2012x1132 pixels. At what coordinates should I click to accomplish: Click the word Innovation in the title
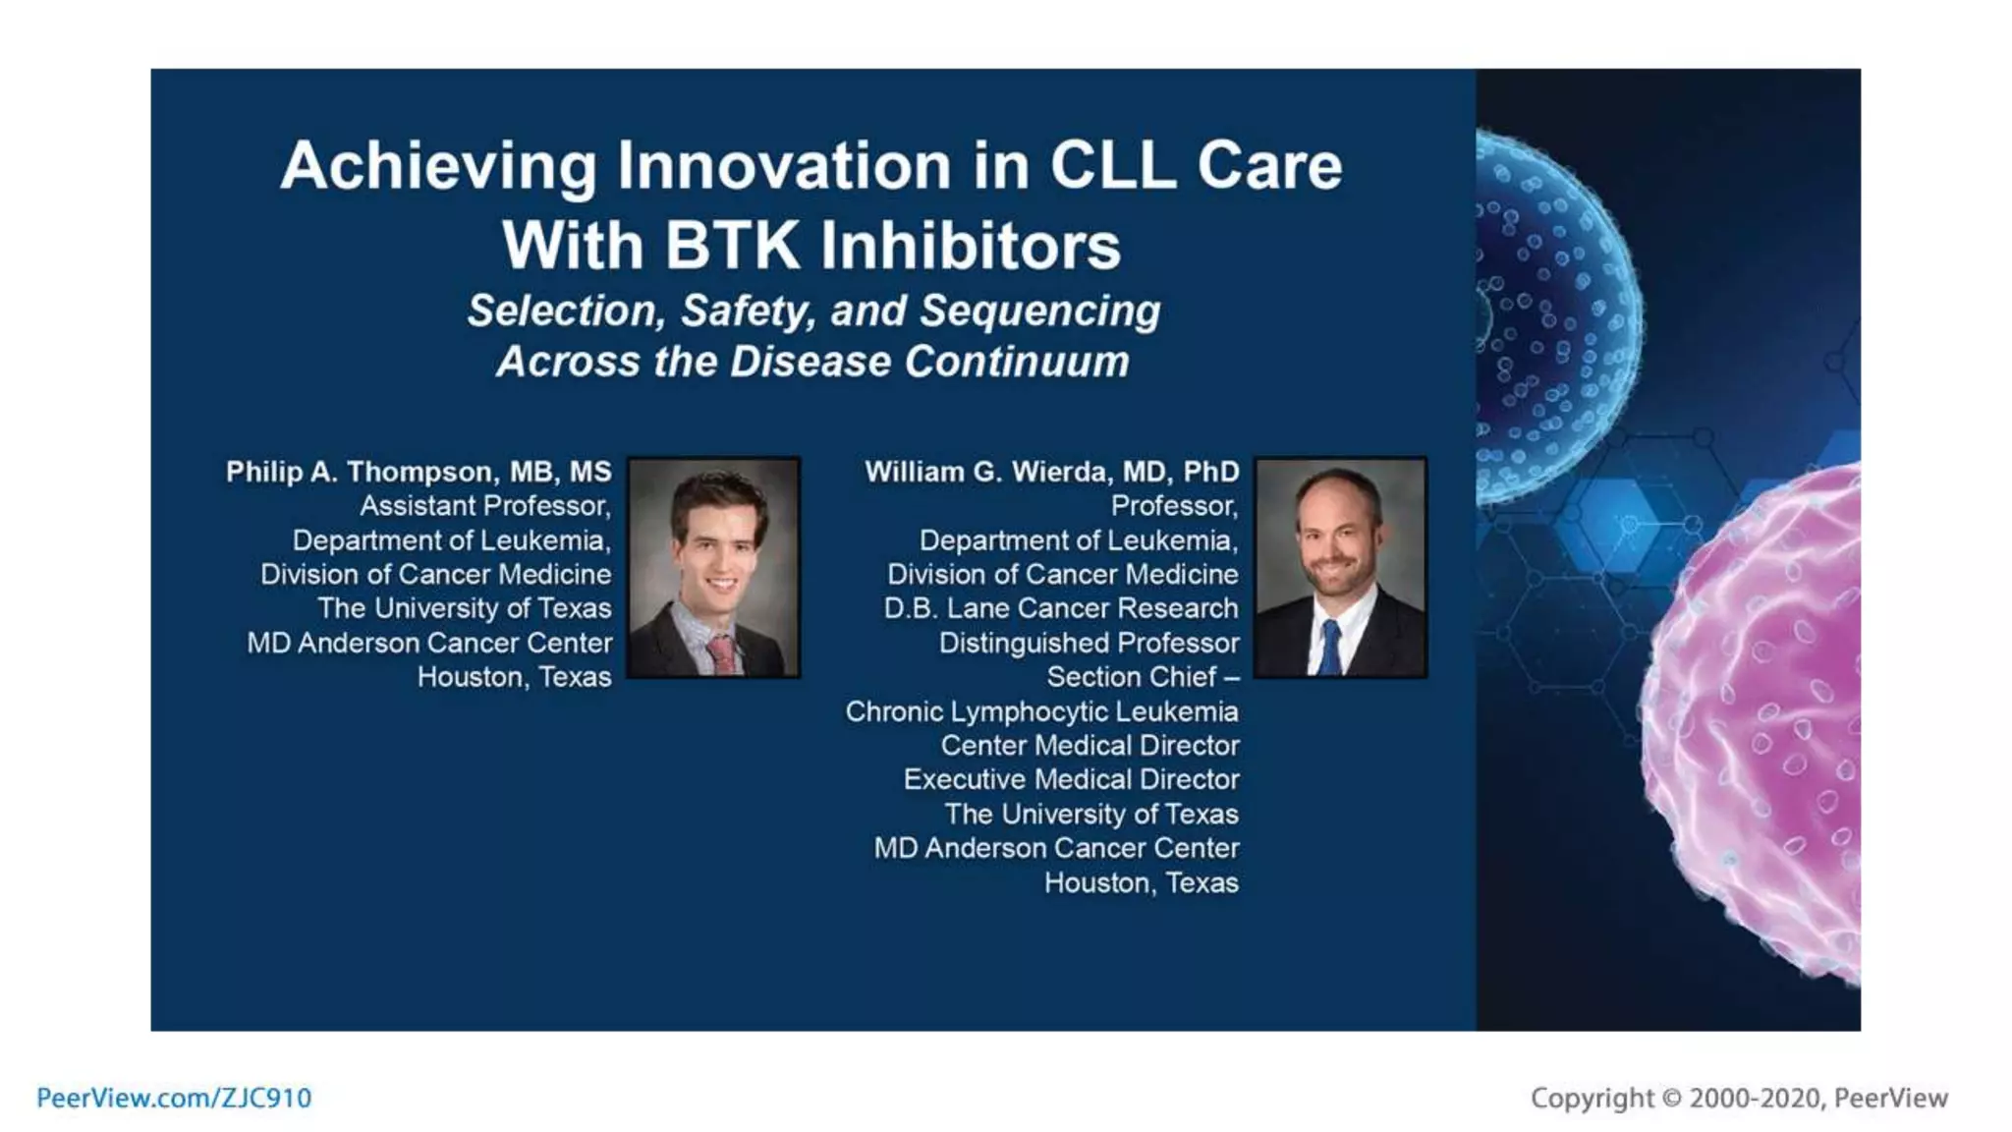pos(784,165)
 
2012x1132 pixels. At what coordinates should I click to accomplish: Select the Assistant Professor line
pos(485,506)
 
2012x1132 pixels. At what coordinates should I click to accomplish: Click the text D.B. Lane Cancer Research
pos(1061,608)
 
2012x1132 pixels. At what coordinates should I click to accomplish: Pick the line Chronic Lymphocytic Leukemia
pos(1041,711)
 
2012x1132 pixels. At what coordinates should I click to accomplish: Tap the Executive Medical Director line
pos(1071,780)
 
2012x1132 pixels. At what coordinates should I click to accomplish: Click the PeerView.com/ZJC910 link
pos(174,1098)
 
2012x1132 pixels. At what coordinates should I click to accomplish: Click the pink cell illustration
pos(1759,727)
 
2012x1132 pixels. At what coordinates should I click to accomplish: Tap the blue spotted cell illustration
pos(1552,314)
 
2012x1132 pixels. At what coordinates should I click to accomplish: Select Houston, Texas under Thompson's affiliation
pos(514,677)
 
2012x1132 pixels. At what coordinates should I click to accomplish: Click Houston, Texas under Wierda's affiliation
pos(1141,883)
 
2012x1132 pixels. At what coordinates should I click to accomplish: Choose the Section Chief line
pos(1142,677)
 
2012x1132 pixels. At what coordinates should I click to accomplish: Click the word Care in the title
pos(1268,165)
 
